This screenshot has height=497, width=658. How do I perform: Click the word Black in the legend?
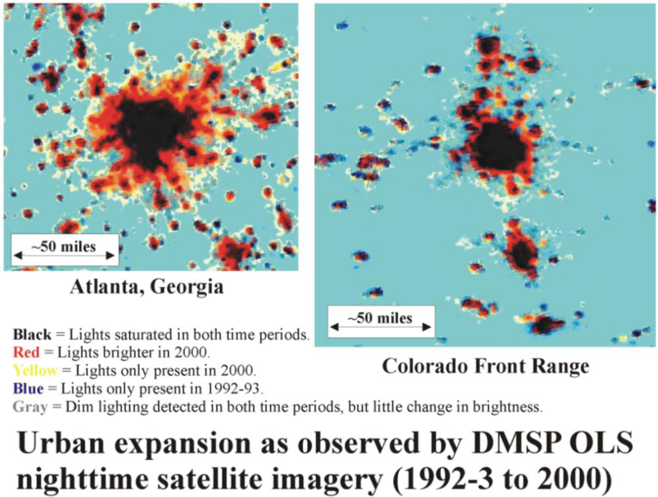point(32,335)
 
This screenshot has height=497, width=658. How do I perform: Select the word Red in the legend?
point(26,353)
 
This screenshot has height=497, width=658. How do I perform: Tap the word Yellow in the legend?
point(36,371)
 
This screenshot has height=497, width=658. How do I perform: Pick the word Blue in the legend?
point(28,389)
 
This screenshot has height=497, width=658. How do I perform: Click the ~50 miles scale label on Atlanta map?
point(64,247)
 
